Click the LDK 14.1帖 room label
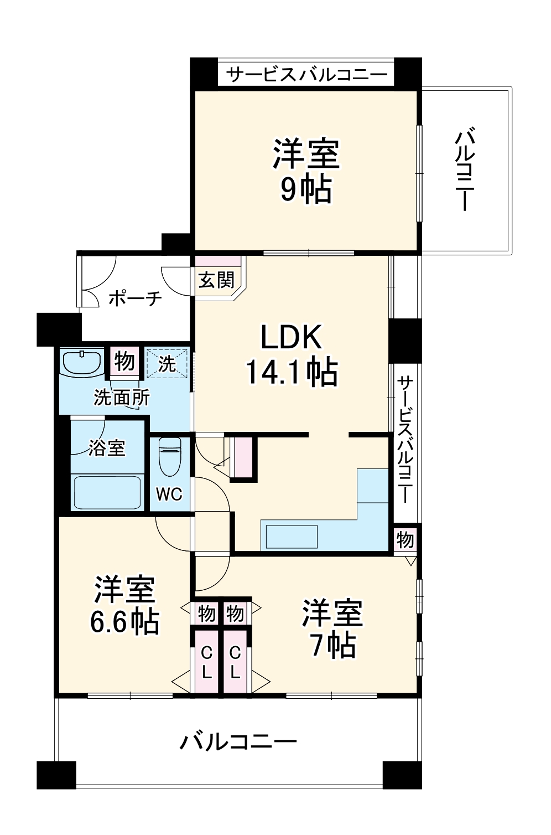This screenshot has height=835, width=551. [x=292, y=354]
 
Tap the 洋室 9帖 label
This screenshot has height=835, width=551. [x=305, y=172]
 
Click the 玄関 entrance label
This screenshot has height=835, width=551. [x=216, y=280]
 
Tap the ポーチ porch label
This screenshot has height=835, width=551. [x=136, y=298]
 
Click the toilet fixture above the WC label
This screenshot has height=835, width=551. [x=169, y=457]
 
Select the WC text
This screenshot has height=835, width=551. [x=169, y=494]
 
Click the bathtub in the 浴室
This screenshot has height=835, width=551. [x=107, y=491]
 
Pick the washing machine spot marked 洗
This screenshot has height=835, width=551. [x=167, y=363]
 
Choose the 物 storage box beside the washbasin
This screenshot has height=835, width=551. [x=124, y=362]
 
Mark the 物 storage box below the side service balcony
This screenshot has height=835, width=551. [x=405, y=539]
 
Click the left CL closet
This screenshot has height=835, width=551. [x=206, y=662]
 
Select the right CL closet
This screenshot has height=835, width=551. [x=235, y=662]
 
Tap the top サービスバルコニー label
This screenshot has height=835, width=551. [x=306, y=74]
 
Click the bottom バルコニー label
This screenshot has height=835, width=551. [x=238, y=741]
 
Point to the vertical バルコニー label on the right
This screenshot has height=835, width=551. [x=465, y=169]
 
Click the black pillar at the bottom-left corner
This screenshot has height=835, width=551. [x=56, y=775]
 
